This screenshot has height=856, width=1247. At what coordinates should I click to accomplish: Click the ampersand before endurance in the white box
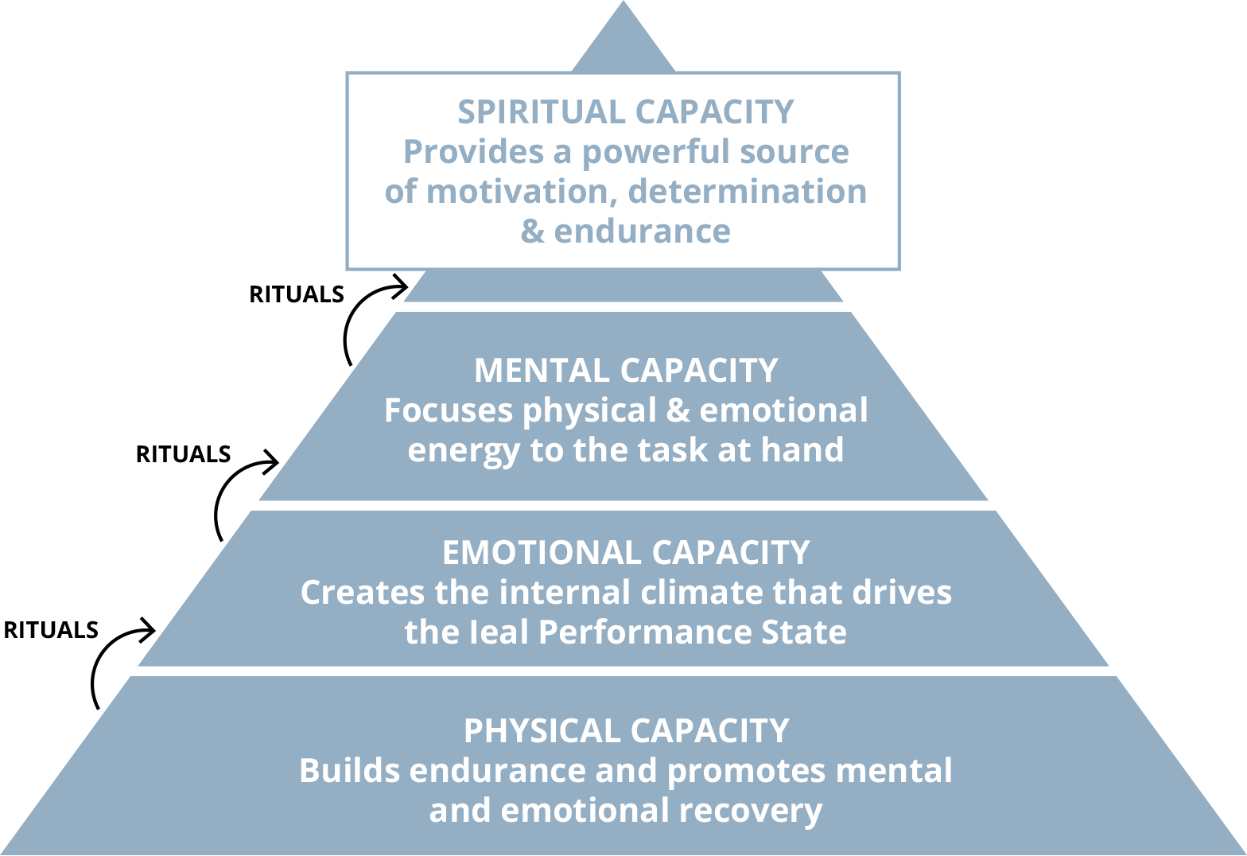(x=531, y=232)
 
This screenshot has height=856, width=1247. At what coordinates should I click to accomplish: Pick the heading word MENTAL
(x=542, y=371)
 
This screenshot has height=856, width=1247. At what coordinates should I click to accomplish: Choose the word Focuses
(x=448, y=410)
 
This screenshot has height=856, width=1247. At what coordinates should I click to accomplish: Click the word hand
(x=802, y=450)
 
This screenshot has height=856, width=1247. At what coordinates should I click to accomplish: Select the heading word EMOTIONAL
(x=542, y=553)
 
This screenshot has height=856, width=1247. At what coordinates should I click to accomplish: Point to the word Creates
(x=362, y=593)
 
